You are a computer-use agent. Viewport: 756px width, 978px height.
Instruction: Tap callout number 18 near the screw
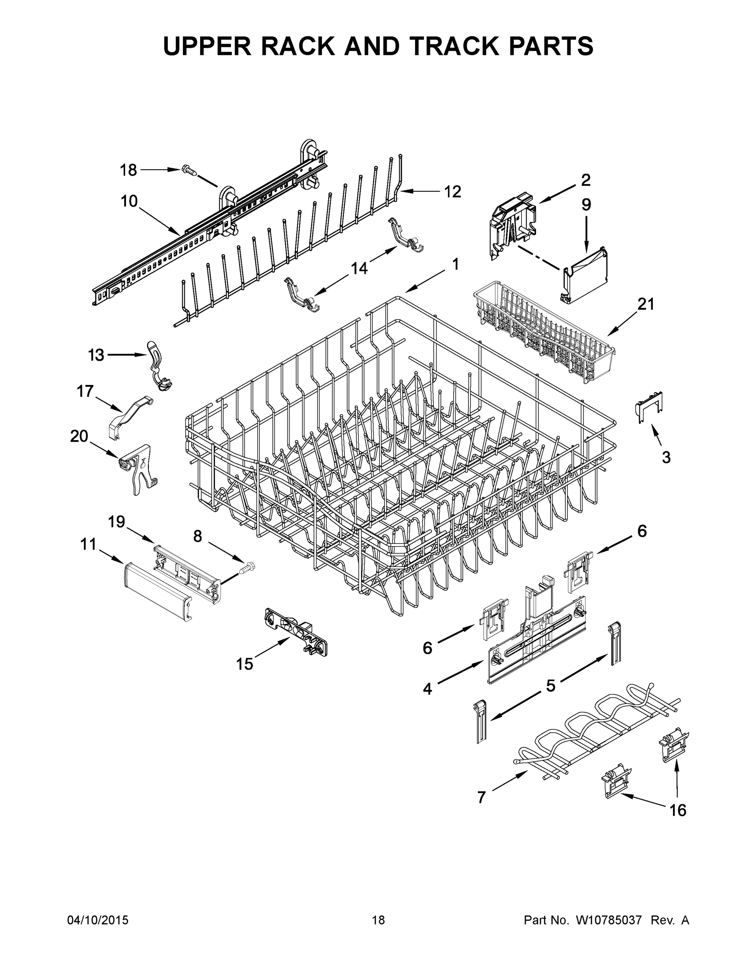click(128, 170)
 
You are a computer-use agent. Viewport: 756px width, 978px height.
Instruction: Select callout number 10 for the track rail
click(129, 202)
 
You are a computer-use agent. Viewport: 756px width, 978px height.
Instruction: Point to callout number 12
click(452, 192)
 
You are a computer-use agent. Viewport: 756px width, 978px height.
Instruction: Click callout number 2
click(585, 180)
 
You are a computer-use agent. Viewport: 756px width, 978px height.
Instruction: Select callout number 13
click(96, 355)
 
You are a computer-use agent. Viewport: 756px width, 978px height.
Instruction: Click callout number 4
click(428, 689)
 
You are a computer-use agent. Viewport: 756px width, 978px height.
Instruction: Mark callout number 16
click(678, 810)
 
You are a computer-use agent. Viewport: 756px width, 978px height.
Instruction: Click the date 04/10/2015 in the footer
click(98, 920)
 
